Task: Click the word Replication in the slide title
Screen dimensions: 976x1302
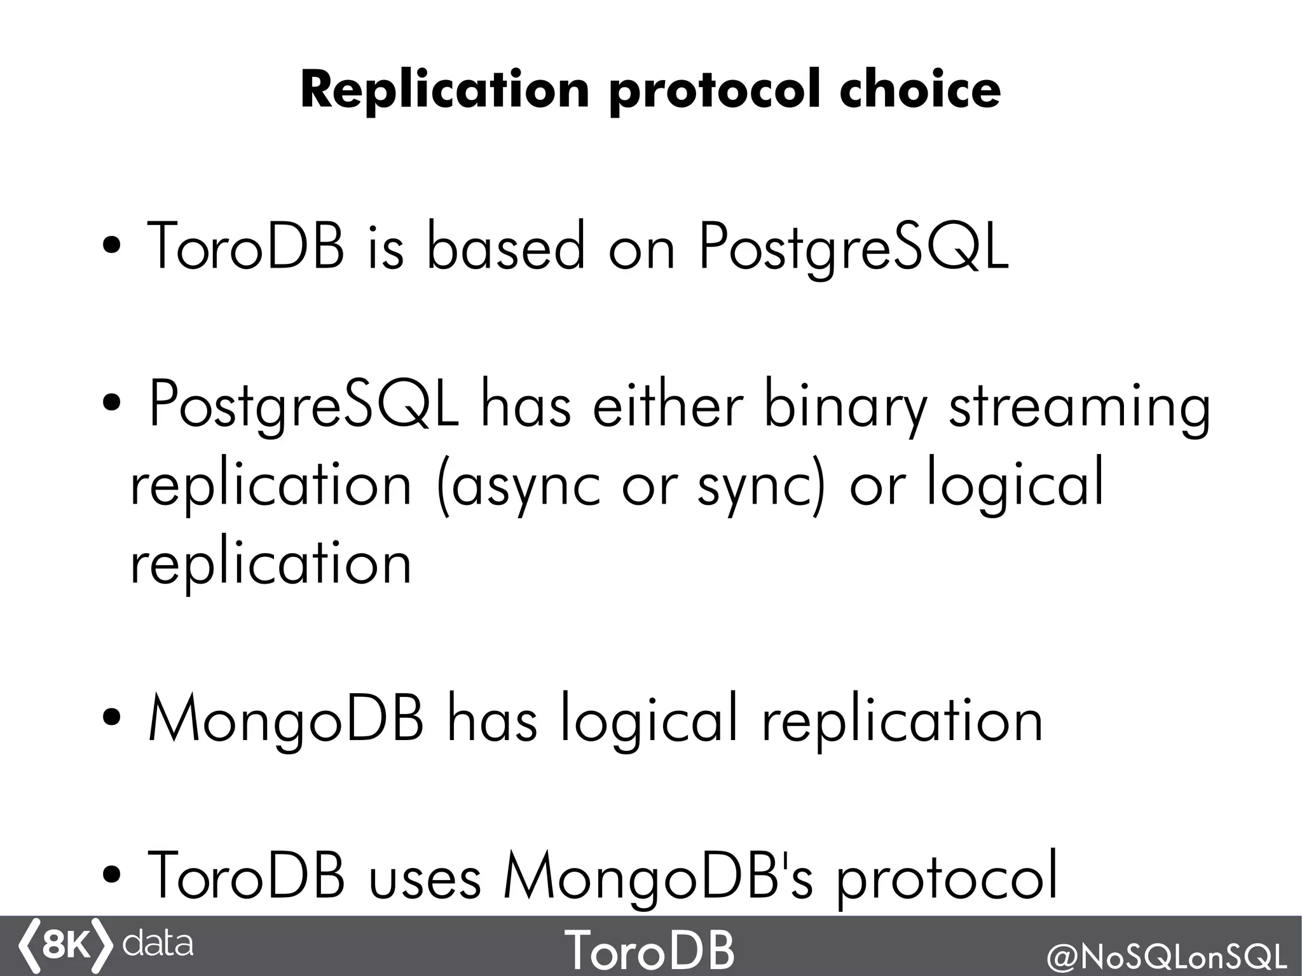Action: pos(445,90)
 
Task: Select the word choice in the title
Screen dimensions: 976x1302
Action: pos(920,90)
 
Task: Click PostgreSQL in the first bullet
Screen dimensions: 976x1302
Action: pos(853,248)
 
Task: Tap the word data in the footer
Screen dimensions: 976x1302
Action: pos(157,944)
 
